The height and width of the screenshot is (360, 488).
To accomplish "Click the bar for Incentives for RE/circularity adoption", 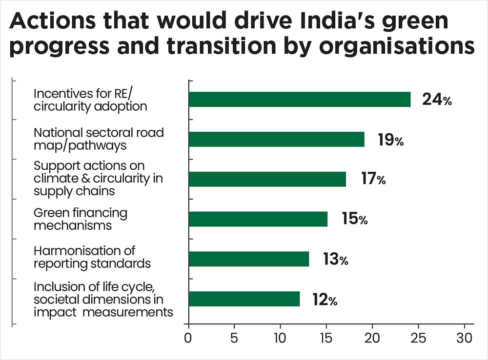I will click(x=299, y=100).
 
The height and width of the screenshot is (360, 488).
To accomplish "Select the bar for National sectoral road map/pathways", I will click(x=276, y=140).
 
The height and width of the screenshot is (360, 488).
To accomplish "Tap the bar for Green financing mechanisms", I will click(x=258, y=219).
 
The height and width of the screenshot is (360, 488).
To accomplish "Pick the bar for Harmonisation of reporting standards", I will click(x=248, y=259).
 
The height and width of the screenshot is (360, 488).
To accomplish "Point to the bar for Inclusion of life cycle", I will click(x=244, y=299).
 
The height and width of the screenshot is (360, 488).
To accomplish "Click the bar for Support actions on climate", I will click(x=267, y=180).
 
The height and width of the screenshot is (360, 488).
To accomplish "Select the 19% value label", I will click(x=390, y=140).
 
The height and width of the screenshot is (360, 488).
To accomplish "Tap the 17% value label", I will click(x=373, y=180).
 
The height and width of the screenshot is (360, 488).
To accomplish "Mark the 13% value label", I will click(x=335, y=259).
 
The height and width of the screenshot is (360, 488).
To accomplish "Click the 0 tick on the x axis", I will click(x=188, y=338).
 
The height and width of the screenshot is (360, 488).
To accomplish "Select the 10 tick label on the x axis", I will click(x=280, y=338).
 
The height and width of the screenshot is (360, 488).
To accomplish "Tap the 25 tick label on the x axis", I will click(x=419, y=338).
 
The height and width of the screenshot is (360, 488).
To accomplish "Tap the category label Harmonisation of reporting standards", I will click(x=92, y=257).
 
